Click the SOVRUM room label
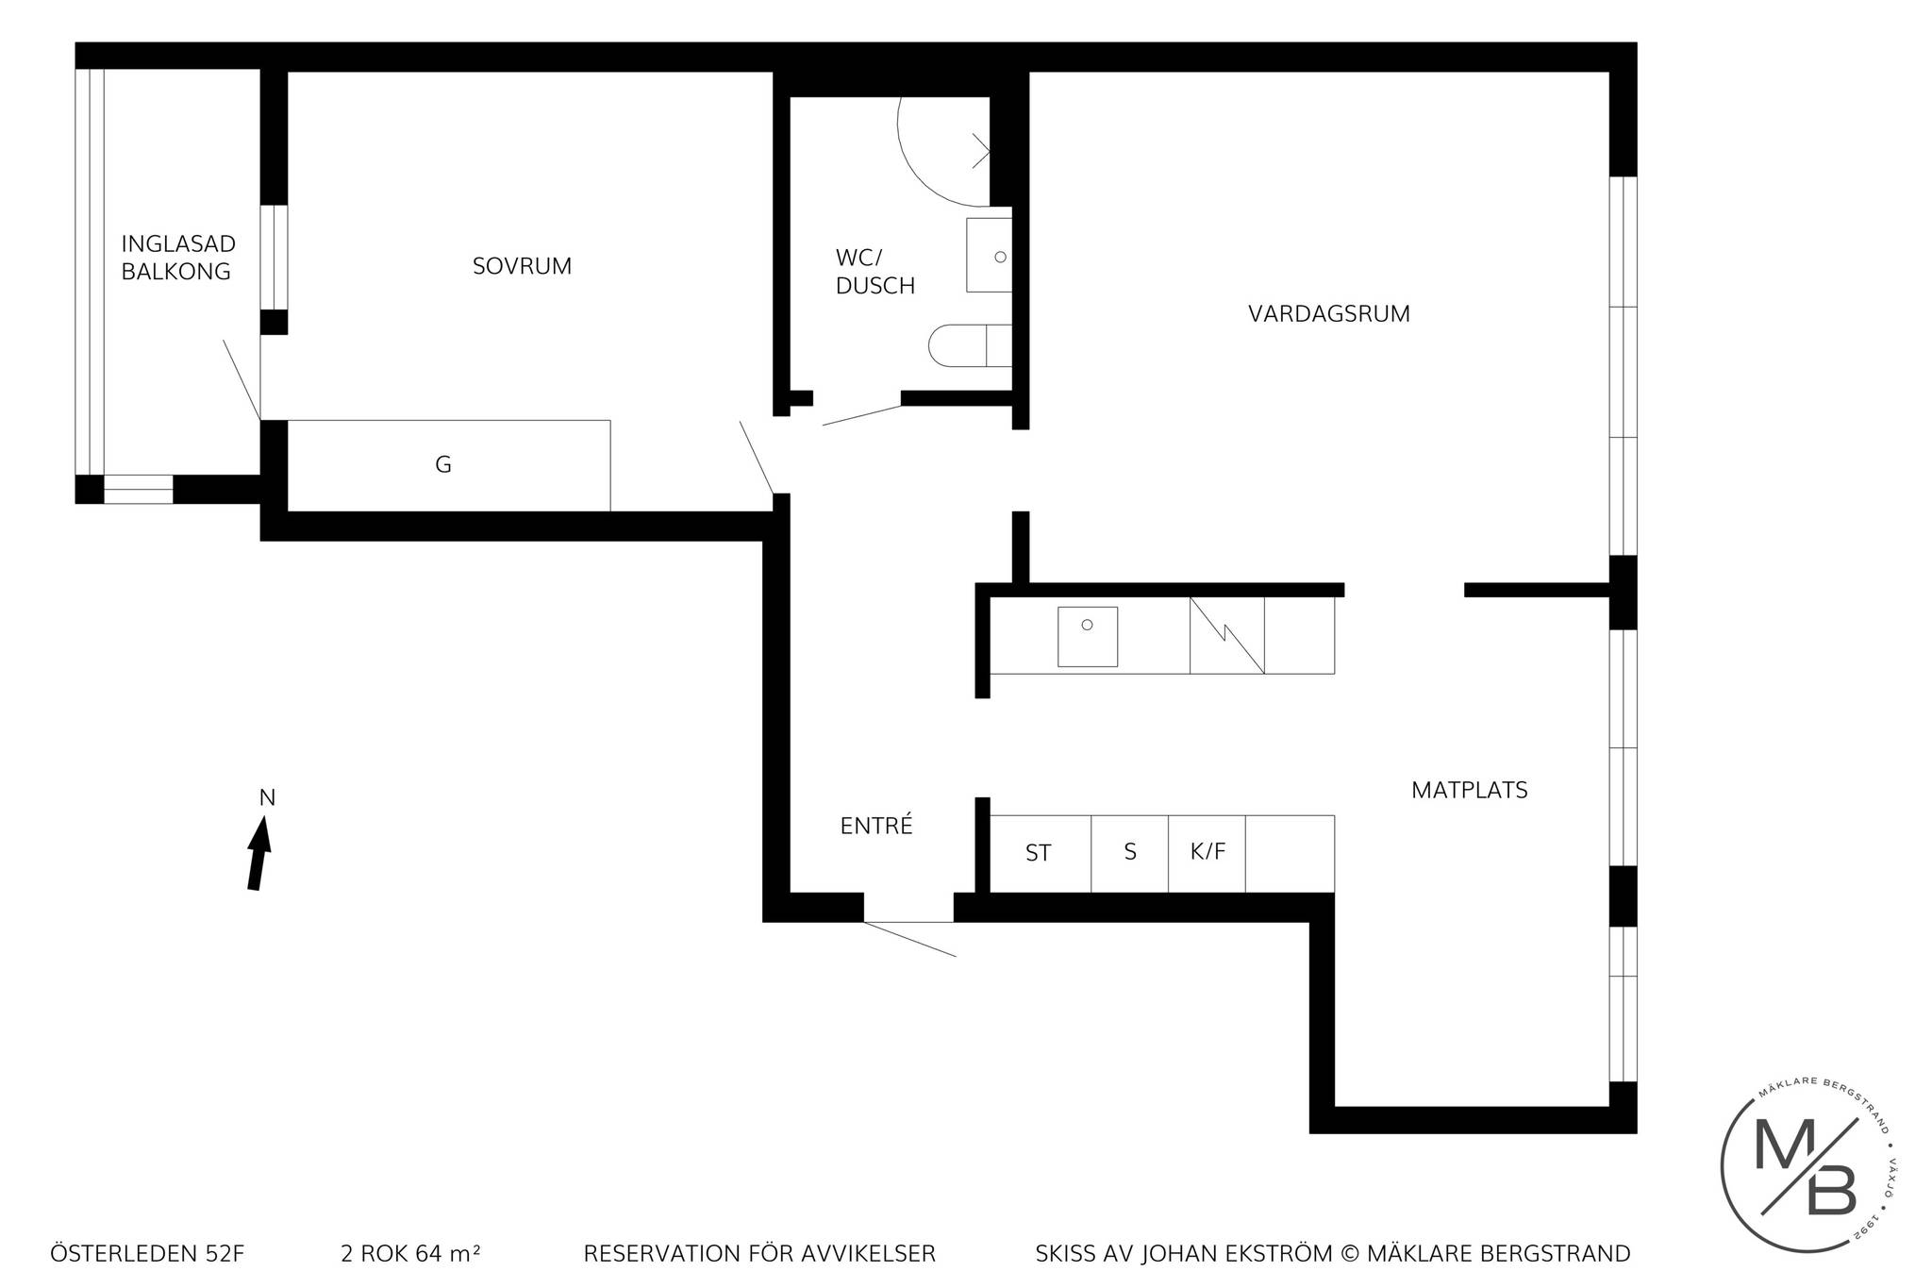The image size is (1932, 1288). pos(522,266)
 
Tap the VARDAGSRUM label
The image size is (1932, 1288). pos(1329,314)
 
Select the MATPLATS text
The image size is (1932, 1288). pos(1469,791)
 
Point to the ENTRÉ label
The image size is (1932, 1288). pos(876,826)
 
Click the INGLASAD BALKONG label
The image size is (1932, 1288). pos(177,258)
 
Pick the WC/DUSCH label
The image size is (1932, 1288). pos(874,272)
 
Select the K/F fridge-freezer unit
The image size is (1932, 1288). pos(1207,854)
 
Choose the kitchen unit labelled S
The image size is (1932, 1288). pos(1130,854)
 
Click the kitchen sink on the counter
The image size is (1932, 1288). pos(1088,637)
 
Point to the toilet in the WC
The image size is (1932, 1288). pos(970,345)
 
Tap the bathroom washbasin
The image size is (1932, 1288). pos(989,255)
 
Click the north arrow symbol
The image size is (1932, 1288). pos(259,853)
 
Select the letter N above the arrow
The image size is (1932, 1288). pos(267,798)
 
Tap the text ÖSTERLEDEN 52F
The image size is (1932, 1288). pos(147,1254)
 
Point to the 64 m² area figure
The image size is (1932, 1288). pos(448,1254)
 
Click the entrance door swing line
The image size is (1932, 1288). pos(909,940)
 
